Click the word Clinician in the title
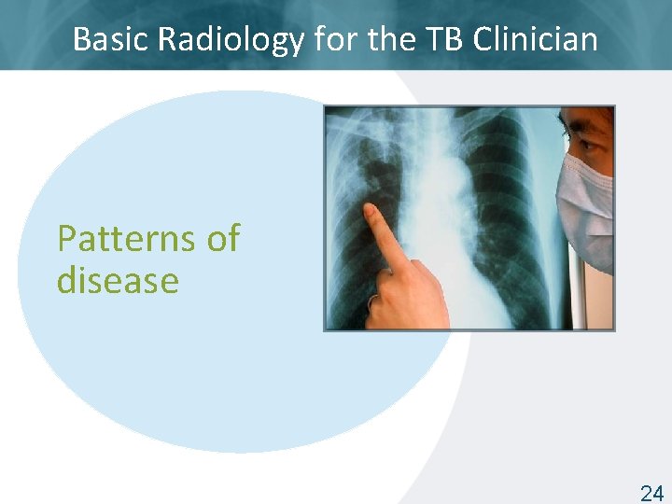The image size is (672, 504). click(x=536, y=39)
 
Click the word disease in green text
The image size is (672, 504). click(x=118, y=280)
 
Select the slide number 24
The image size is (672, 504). click(x=651, y=494)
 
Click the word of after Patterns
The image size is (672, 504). click(x=222, y=239)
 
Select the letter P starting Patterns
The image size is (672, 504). click(x=66, y=239)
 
